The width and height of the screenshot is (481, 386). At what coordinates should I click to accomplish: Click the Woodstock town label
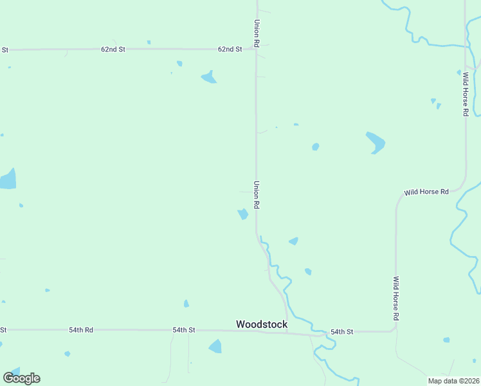click(262, 324)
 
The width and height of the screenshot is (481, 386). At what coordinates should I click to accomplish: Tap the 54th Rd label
click(81, 330)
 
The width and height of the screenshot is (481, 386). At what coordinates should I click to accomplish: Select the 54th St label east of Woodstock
click(341, 332)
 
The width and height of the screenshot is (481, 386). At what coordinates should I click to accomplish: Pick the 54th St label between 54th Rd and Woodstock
click(183, 330)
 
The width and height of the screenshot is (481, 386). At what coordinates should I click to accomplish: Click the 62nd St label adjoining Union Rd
click(230, 49)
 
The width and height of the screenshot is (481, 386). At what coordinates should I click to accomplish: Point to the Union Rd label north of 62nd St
click(257, 32)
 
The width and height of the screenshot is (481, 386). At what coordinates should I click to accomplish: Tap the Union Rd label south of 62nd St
click(257, 194)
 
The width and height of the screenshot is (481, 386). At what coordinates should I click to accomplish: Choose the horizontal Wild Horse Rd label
click(426, 192)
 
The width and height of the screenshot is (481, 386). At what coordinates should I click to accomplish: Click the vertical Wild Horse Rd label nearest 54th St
click(396, 299)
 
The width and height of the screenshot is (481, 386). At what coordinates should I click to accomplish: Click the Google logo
click(21, 378)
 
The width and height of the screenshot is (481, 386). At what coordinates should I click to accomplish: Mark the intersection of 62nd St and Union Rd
click(256, 48)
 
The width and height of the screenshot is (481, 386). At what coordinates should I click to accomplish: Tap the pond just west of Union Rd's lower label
click(243, 214)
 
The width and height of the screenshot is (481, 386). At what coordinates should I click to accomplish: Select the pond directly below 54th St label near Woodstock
click(215, 347)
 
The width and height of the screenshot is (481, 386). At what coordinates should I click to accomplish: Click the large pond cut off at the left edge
click(7, 179)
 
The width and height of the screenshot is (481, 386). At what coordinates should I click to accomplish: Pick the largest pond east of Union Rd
click(376, 142)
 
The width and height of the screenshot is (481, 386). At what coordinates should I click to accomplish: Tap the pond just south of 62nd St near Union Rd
click(208, 77)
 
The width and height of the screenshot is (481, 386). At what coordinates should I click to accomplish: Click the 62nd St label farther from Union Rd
click(113, 49)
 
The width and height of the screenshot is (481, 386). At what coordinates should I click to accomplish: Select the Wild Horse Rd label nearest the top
click(466, 94)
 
